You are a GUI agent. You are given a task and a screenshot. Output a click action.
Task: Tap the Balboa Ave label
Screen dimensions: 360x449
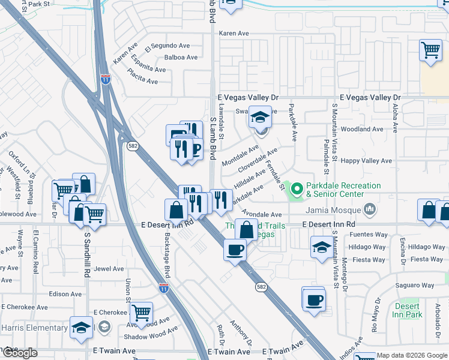click(x=181, y=58)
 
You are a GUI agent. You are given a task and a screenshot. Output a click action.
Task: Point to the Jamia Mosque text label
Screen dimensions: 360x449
click(x=332, y=210)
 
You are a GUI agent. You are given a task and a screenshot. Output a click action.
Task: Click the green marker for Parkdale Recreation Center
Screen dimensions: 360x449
click(x=297, y=190)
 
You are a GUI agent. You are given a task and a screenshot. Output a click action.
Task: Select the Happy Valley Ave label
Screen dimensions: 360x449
click(x=366, y=161)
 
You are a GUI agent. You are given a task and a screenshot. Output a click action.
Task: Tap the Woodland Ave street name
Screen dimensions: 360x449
click(x=361, y=129)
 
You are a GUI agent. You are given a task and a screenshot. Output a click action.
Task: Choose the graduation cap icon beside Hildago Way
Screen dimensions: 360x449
click(x=321, y=247)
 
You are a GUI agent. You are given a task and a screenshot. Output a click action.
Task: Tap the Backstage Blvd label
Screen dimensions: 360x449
click(x=166, y=251)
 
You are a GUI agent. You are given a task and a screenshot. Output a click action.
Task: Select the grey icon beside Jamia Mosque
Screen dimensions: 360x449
click(x=369, y=209)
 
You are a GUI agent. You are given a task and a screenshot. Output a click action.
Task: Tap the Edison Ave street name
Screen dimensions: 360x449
click(x=65, y=294)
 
